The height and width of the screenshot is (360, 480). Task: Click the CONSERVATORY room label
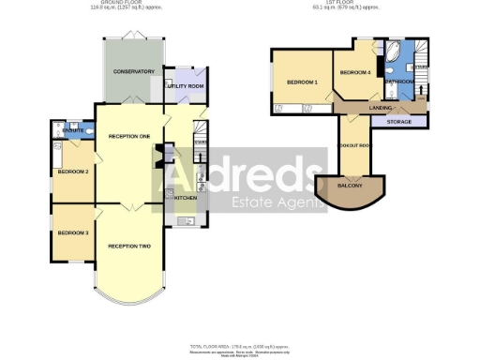(x=134, y=71)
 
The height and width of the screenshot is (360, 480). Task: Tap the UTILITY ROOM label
(x=184, y=85)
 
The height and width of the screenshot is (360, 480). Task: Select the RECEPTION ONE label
(x=129, y=137)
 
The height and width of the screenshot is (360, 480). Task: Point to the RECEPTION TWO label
(x=129, y=246)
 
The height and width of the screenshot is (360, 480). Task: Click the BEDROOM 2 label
(x=73, y=172)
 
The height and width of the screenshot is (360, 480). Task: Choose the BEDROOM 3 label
(x=72, y=232)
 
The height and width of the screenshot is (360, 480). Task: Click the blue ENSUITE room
(x=73, y=131)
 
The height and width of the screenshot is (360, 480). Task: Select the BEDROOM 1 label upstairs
(x=303, y=82)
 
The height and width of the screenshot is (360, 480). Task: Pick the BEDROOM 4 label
(x=355, y=72)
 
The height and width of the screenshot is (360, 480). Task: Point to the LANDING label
(x=381, y=108)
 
